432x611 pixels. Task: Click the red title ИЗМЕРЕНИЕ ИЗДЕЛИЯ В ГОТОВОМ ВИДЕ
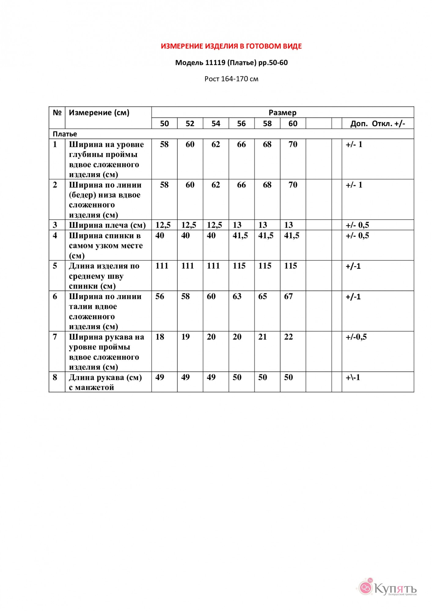231,46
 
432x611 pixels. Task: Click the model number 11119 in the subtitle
215,63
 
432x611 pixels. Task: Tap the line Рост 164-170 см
231,79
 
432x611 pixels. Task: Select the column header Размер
282,112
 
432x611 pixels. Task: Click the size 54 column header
216,123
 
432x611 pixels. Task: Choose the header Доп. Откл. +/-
378,123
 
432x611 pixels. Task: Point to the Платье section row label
65,134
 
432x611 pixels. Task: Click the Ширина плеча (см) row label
107,225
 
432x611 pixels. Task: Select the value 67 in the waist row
288,296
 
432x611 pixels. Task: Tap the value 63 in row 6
237,296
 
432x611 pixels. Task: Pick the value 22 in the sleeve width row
288,337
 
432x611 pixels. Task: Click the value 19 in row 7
185,337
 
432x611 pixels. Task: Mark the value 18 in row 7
160,337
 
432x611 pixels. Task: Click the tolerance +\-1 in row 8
353,377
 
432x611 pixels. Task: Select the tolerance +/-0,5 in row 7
356,337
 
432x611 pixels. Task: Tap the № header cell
57,112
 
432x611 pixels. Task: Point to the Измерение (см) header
99,112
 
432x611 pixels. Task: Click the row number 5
55,266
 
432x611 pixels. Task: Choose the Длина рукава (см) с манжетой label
105,382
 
